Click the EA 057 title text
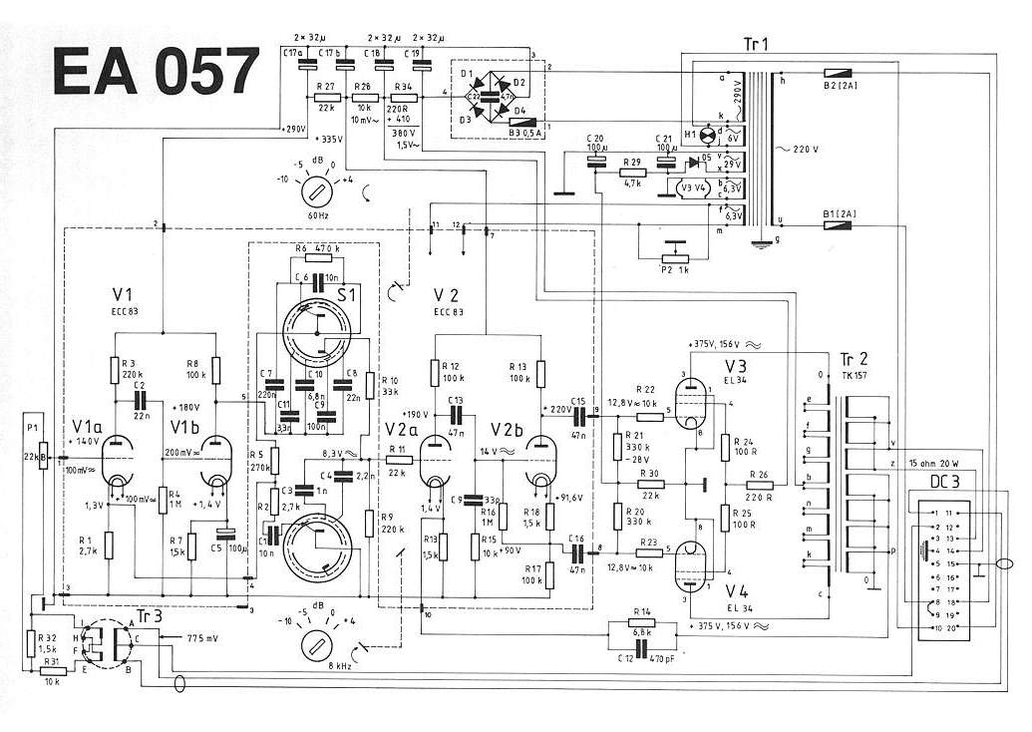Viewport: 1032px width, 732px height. click(155, 73)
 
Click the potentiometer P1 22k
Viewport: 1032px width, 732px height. click(42, 458)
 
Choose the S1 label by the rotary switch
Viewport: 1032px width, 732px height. click(348, 296)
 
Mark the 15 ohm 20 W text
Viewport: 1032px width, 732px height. click(948, 462)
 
